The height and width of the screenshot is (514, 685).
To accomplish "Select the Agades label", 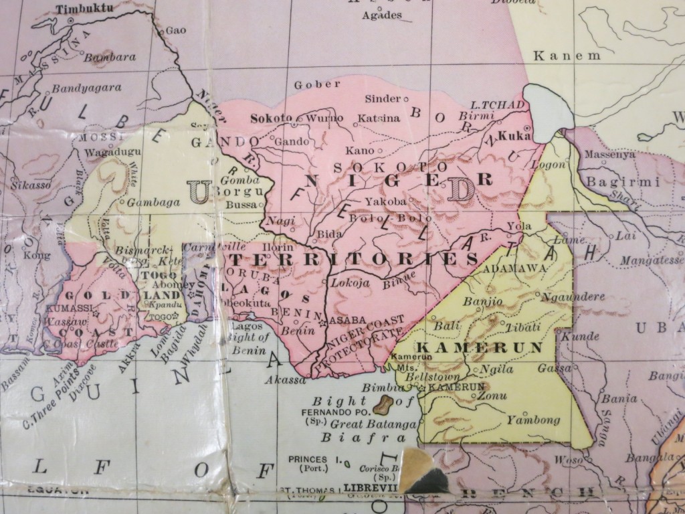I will (x=381, y=15).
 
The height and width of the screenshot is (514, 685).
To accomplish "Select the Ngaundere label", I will (x=573, y=296).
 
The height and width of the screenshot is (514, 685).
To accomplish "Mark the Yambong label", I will (x=532, y=420).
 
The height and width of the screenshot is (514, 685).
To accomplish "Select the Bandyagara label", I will (x=87, y=87).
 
